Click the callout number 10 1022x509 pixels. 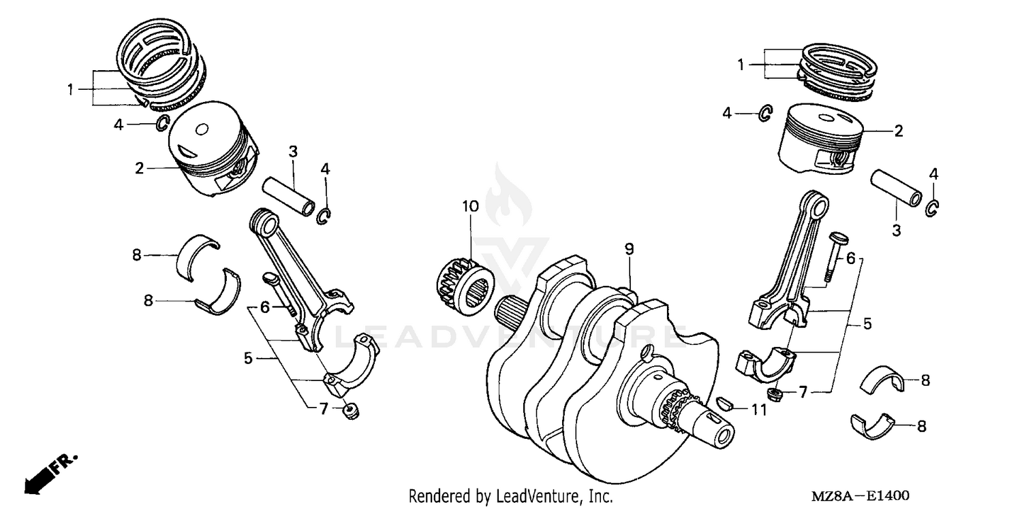coord(470,206)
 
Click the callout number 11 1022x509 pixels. coord(759,410)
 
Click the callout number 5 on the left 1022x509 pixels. coord(249,357)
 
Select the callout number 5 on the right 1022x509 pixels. coord(867,324)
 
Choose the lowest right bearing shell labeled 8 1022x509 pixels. coord(876,424)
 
